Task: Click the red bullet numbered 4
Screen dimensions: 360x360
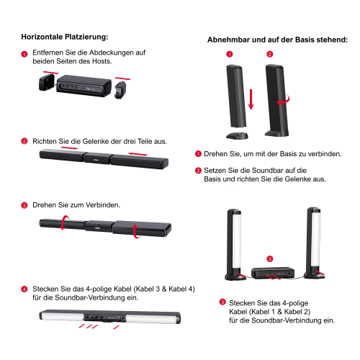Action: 24,289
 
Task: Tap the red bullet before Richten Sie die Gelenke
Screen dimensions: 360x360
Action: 24,141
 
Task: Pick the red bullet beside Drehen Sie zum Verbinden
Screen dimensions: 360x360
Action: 24,205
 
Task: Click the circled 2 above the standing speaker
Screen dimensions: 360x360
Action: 270,55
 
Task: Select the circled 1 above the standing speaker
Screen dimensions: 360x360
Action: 230,55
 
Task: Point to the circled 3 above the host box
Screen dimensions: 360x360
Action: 269,258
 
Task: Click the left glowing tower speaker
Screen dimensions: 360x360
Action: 233,243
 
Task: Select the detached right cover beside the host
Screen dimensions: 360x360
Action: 121,89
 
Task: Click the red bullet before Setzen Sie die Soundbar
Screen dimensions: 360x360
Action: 198,171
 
